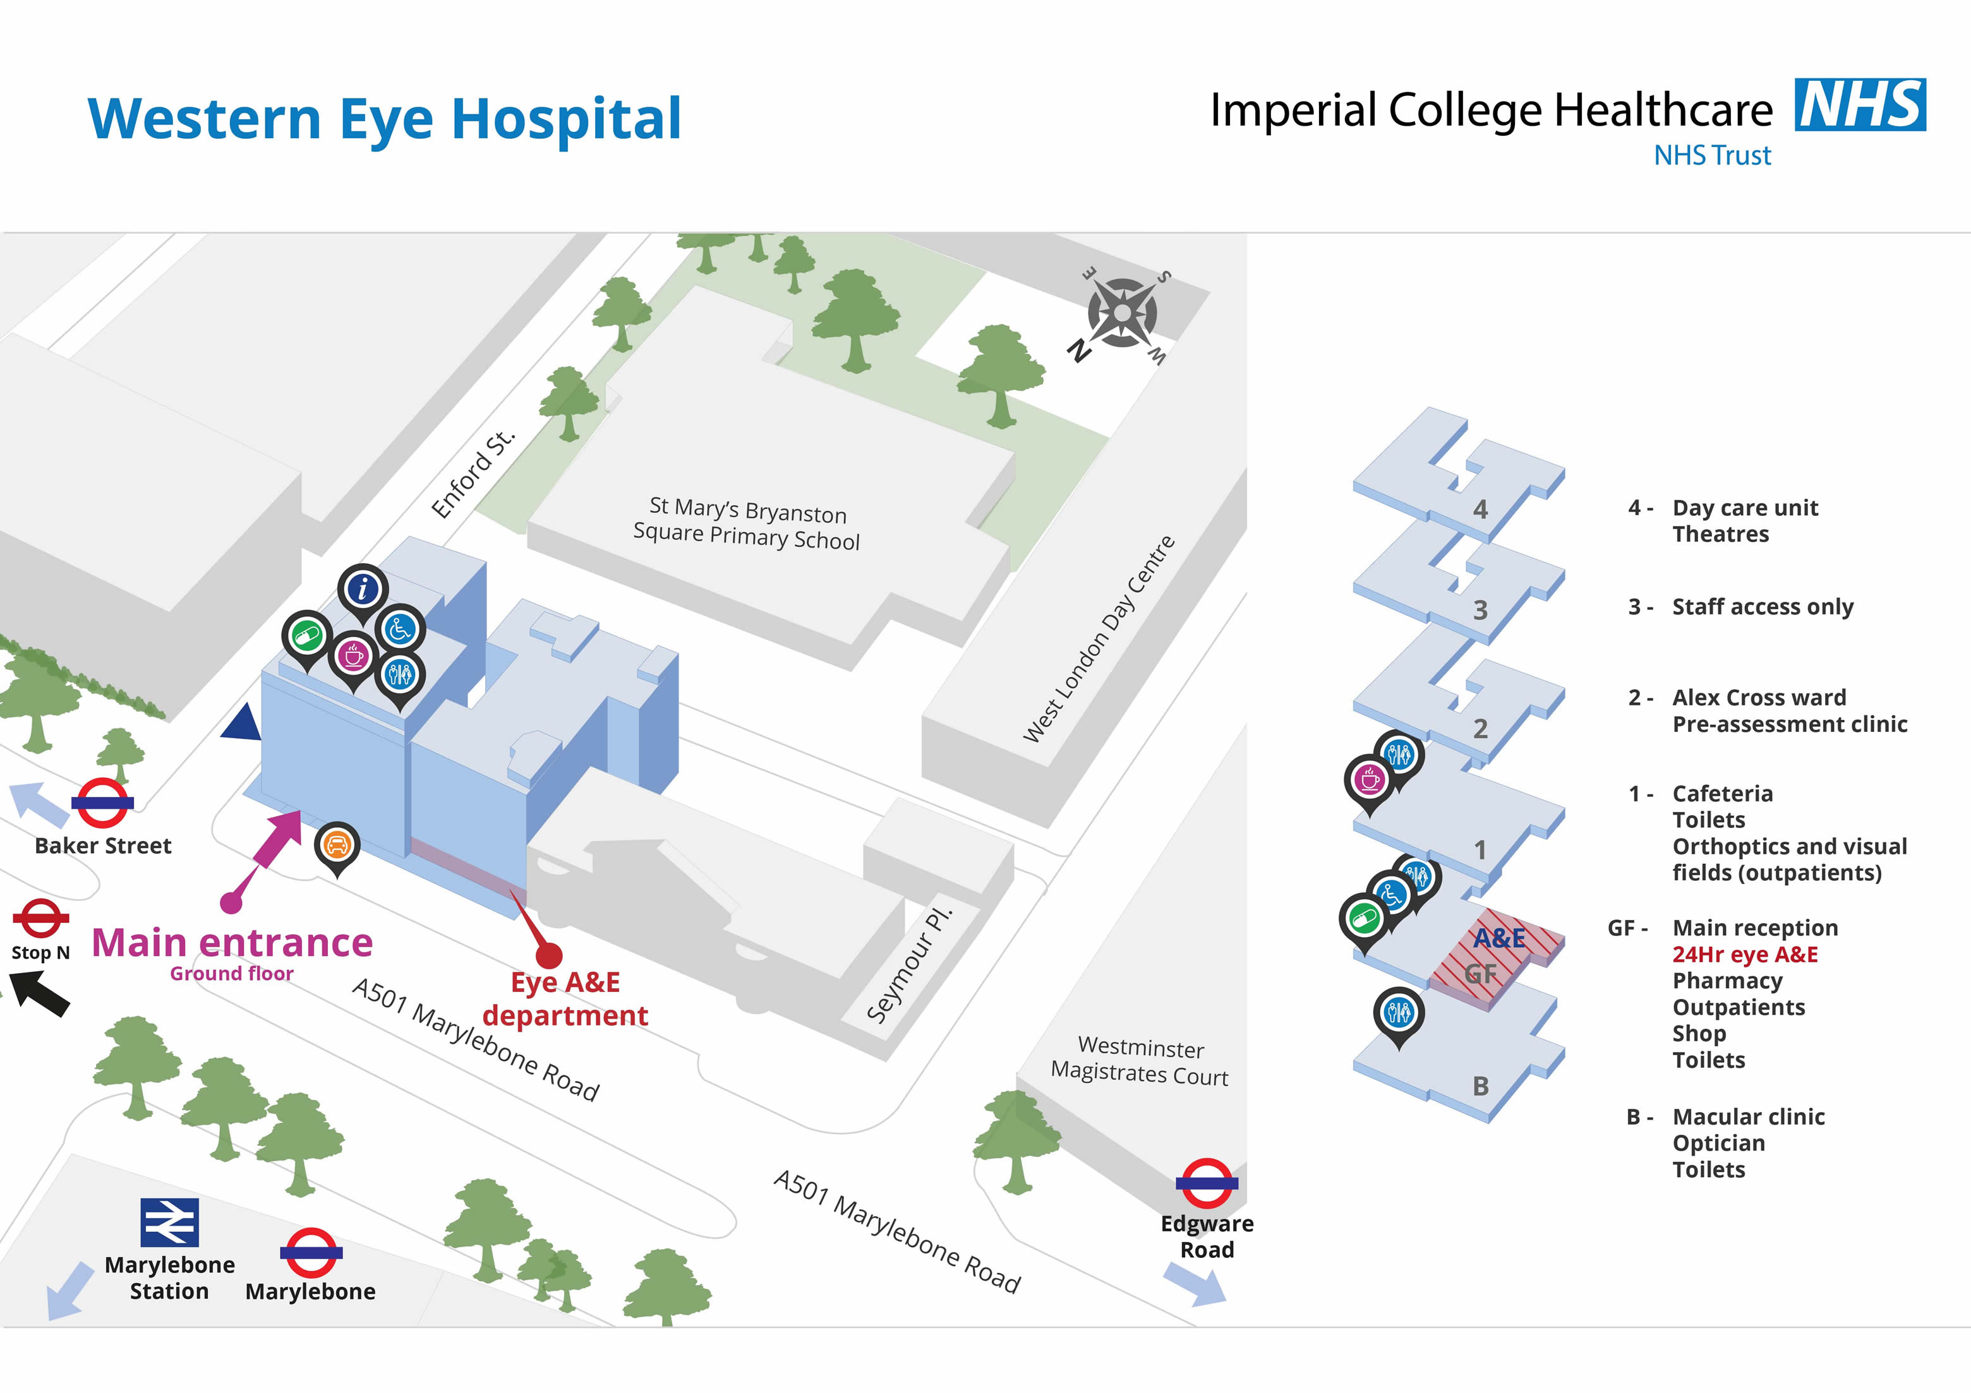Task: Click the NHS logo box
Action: coord(1859,105)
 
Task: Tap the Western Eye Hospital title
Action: coord(385,119)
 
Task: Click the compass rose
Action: coord(1122,313)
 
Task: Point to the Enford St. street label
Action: coord(473,473)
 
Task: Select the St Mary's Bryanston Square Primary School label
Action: coord(747,523)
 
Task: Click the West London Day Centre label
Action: coord(1099,638)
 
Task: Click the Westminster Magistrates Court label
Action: coord(1140,1061)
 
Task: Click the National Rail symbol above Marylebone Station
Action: coord(170,1223)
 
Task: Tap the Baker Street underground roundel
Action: coord(102,803)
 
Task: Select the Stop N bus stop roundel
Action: coord(40,918)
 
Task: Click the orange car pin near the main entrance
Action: coord(337,846)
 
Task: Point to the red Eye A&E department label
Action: coord(565,998)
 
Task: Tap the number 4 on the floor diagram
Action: coord(1480,510)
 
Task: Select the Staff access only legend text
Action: coord(1763,607)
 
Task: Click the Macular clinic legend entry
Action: coord(1748,1116)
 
